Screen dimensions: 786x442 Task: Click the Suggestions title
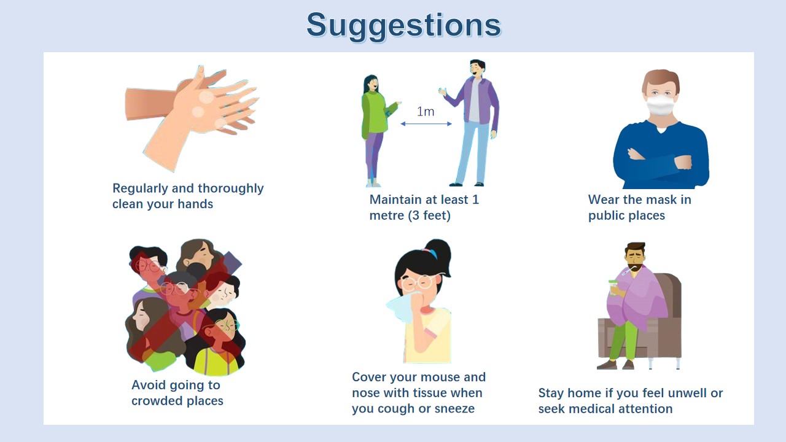point(403,26)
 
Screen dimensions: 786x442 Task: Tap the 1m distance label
point(426,112)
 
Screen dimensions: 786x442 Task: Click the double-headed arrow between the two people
point(426,123)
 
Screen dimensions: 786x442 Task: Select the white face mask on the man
point(661,105)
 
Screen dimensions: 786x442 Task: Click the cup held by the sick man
point(613,288)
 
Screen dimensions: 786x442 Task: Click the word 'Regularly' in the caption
point(141,188)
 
